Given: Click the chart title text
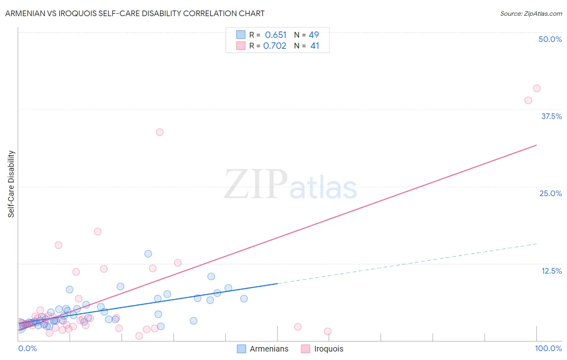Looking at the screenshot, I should point(135,13).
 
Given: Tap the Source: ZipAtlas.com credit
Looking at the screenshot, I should point(531,14).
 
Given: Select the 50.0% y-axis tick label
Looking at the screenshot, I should point(550,39).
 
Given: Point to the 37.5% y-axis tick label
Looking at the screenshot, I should point(551,116).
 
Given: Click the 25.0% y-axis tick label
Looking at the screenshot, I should point(550,193).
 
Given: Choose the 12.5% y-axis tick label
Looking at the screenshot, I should point(551,271).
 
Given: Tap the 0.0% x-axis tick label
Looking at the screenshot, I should point(27,348).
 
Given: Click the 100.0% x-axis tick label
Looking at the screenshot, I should point(548,348).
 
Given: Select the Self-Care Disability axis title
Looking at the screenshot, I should point(11,184).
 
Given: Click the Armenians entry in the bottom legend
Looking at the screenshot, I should point(269,349).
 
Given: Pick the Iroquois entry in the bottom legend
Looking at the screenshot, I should point(328,349).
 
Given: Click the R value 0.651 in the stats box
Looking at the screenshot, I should point(275,35).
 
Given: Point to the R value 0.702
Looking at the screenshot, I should point(275,46).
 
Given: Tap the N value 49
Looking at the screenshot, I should point(314,35).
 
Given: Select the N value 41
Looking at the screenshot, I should point(315,46).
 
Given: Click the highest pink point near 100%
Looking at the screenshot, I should point(536,88).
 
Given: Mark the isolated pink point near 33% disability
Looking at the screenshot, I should point(160,132).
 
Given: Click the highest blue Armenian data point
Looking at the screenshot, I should point(148,254).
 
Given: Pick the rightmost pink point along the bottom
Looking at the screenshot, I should point(327,331).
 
